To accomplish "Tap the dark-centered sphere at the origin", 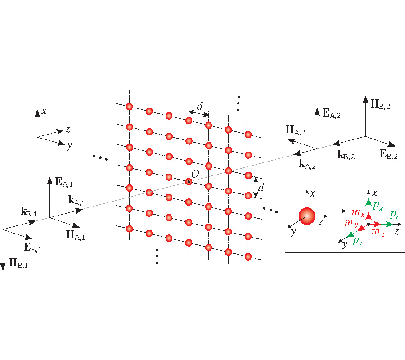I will pyautogui.click(x=189, y=182).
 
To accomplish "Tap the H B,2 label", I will pyautogui.click(x=380, y=105).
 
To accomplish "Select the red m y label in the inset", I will pyautogui.click(x=351, y=223).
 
